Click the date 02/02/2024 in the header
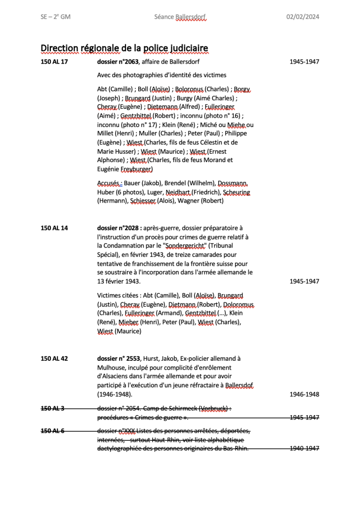[303, 17]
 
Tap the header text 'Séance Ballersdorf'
[180, 17]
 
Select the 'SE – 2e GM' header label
[55, 17]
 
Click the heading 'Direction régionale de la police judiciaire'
[124, 48]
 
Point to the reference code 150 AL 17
[54, 62]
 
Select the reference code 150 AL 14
[54, 228]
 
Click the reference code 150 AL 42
[54, 358]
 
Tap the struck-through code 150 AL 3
[52, 408]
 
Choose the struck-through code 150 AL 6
[52, 430]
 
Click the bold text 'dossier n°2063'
[118, 62]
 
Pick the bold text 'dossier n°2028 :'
[120, 228]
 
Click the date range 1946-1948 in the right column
[304, 394]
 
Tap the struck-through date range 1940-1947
[304, 448]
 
